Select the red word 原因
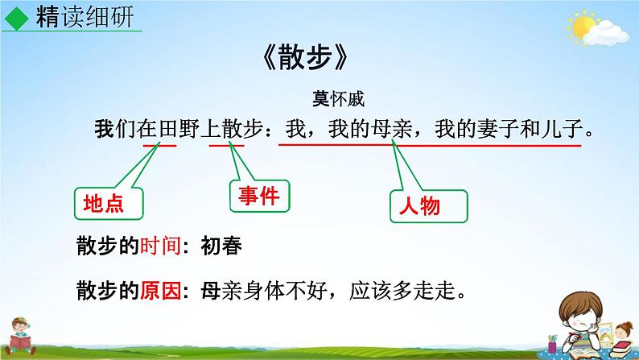tap(159, 288)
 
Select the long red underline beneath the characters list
tap(429, 146)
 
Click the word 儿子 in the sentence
tap(564, 129)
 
